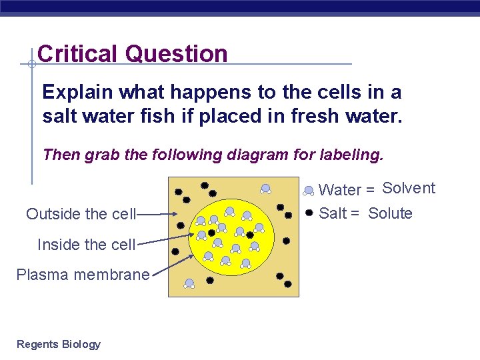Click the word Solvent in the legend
coord(409,188)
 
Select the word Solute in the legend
coord(390,213)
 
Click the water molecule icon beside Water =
coord(309,191)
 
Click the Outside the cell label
coord(81,214)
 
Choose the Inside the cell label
coord(86,245)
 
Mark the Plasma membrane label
coord(83,275)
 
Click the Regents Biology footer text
coord(59,344)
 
